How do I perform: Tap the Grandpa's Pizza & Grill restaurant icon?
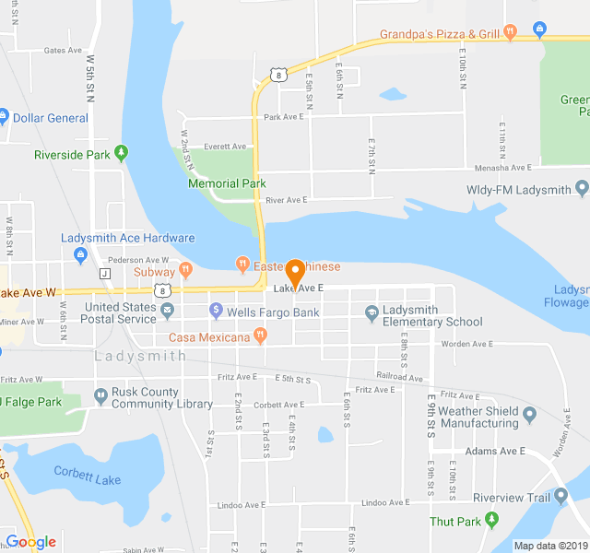[x=511, y=34]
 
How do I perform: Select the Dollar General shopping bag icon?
[x=3, y=117]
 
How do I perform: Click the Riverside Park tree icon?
[x=121, y=154]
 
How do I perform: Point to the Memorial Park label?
[x=227, y=183]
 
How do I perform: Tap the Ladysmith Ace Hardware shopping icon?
[x=80, y=253]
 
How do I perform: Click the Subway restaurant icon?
[x=185, y=271]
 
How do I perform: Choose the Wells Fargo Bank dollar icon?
[x=216, y=312]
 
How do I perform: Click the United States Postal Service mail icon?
[x=167, y=309]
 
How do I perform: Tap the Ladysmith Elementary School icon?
[x=372, y=313]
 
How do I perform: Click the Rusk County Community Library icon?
[x=100, y=397]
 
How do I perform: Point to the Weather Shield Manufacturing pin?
[x=529, y=416]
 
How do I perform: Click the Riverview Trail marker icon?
[x=560, y=498]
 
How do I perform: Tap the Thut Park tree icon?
[x=491, y=521]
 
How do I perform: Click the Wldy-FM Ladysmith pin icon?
[x=581, y=189]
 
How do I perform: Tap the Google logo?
[x=31, y=542]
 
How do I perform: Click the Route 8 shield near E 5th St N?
[x=277, y=73]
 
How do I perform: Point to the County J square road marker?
[x=105, y=274]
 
